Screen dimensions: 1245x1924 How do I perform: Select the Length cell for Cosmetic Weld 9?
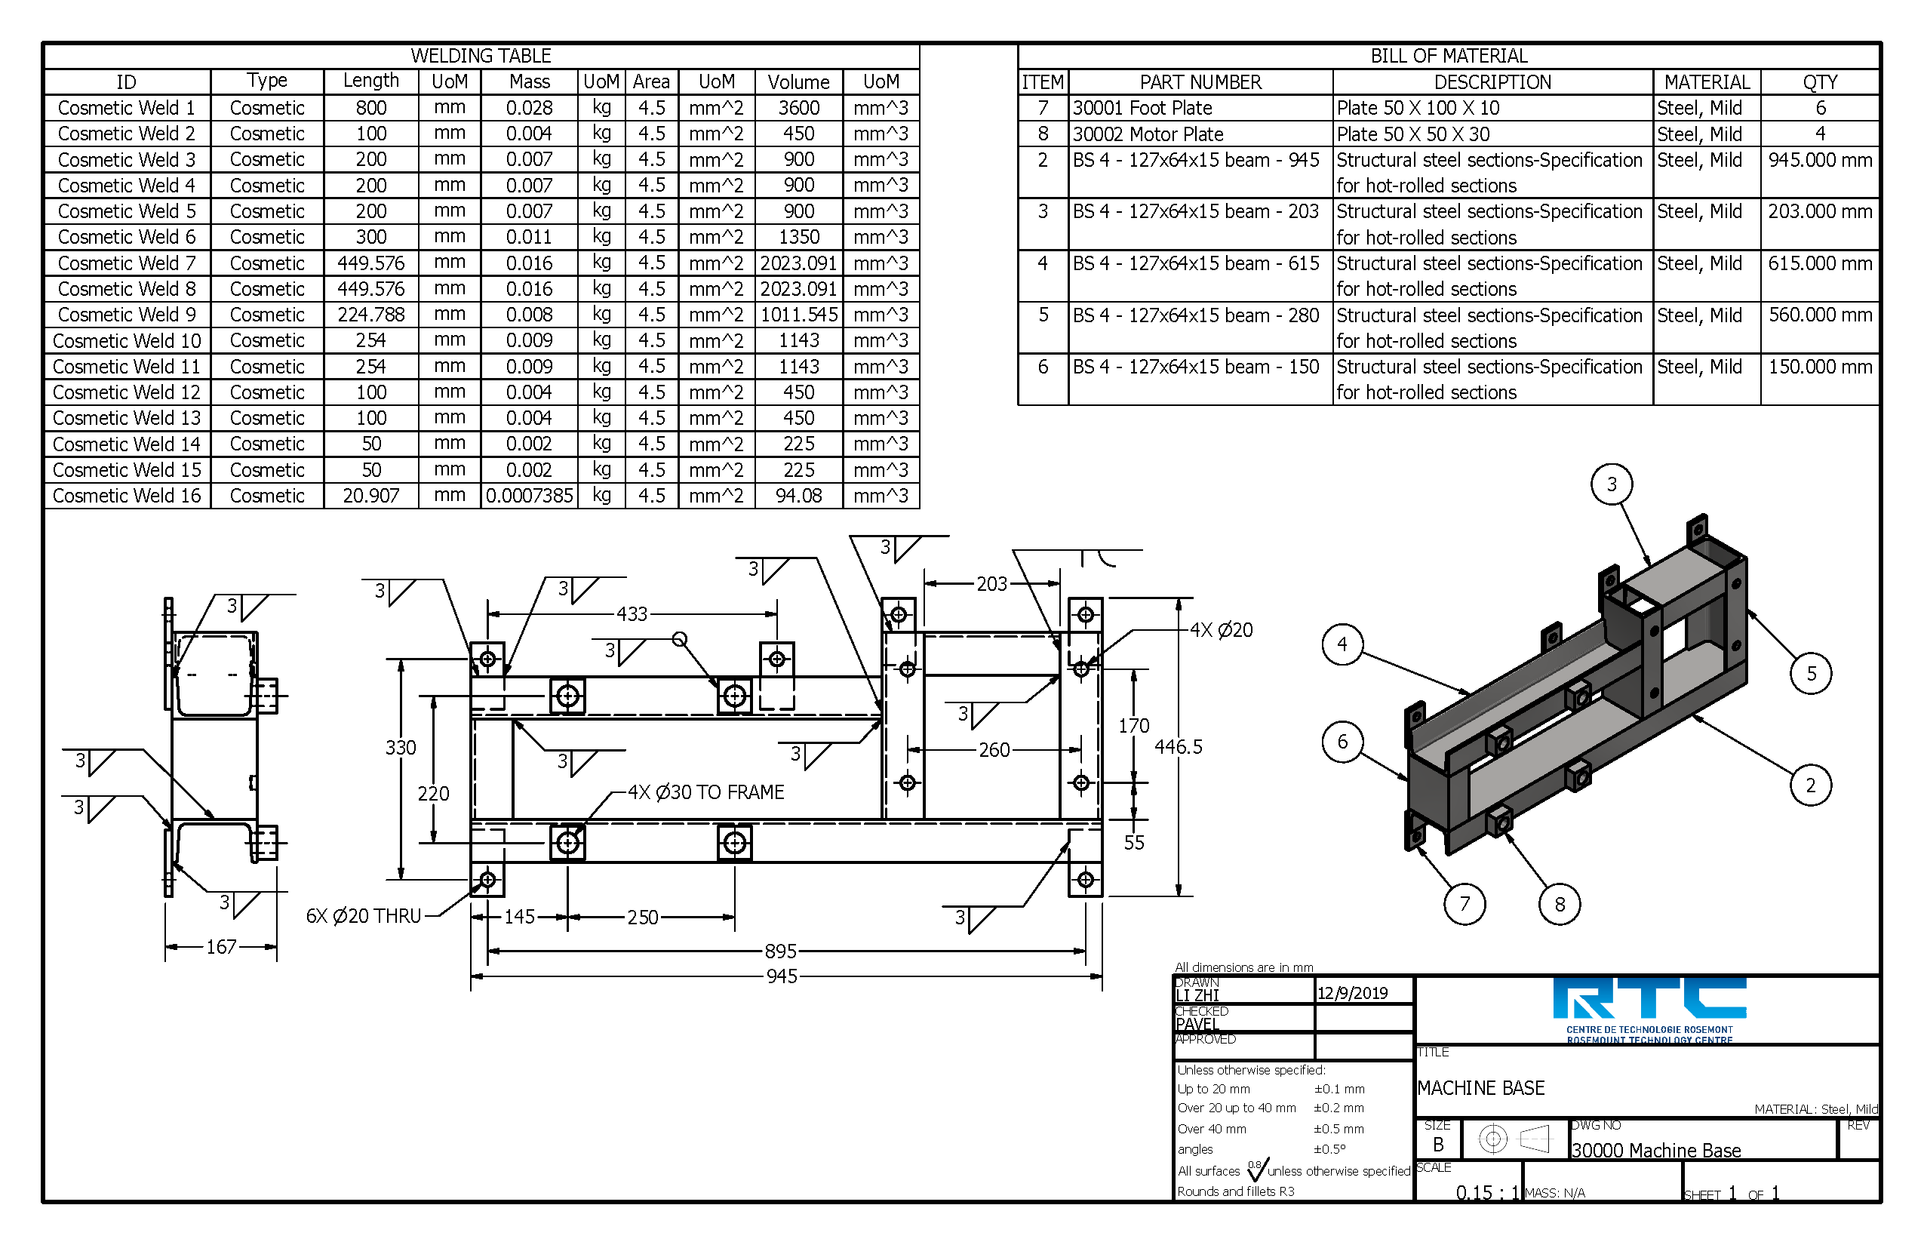pyautogui.click(x=370, y=315)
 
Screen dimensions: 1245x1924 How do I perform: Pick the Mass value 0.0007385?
pyautogui.click(x=529, y=496)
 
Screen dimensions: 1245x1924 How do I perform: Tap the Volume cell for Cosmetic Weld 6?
pyautogui.click(x=798, y=237)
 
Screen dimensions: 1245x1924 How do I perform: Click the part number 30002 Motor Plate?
pyautogui.click(x=1147, y=134)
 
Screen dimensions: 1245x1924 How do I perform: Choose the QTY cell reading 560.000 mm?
pyautogui.click(x=1819, y=315)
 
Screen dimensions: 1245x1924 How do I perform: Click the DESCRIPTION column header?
pyautogui.click(x=1492, y=82)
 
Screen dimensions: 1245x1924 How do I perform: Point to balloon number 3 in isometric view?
pyautogui.click(x=1611, y=484)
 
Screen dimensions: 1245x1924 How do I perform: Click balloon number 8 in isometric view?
pyautogui.click(x=1559, y=904)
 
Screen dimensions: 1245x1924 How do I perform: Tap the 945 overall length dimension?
pyautogui.click(x=782, y=976)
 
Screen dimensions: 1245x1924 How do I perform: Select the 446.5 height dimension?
pyautogui.click(x=1178, y=747)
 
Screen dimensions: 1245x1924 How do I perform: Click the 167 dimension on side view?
pyautogui.click(x=220, y=947)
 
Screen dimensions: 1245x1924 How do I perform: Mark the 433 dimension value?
pyautogui.click(x=632, y=614)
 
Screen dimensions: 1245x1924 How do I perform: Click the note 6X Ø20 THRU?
pyautogui.click(x=363, y=916)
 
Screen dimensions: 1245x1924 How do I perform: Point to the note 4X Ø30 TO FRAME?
pyautogui.click(x=705, y=792)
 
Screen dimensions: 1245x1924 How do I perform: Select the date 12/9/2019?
pyautogui.click(x=1351, y=994)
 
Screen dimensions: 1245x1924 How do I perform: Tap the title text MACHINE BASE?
pyautogui.click(x=1480, y=1088)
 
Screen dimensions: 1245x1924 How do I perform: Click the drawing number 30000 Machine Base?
pyautogui.click(x=1655, y=1151)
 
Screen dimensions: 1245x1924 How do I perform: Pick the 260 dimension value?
pyautogui.click(x=994, y=750)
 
